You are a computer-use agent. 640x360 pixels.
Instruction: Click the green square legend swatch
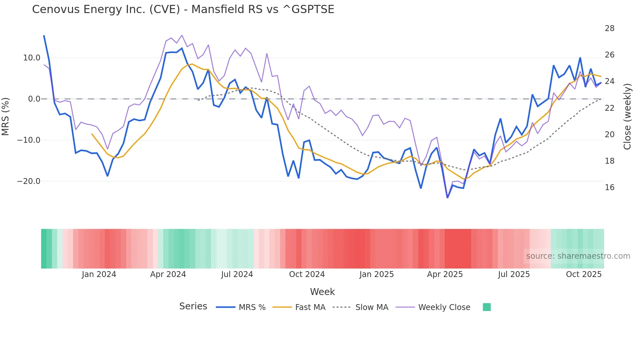pos(487,307)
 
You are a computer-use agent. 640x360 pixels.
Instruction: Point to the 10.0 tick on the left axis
pos(32,58)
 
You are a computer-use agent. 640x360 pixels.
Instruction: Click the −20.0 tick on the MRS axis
pos(29,181)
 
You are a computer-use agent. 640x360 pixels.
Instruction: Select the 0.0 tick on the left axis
pos(34,99)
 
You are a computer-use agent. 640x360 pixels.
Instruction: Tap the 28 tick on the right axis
pos(609,28)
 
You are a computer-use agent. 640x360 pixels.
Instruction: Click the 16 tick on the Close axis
pos(609,188)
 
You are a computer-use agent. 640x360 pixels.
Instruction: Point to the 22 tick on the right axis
pos(609,108)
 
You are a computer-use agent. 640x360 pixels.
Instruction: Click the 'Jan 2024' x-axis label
pos(99,274)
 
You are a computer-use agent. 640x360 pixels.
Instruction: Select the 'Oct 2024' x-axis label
pos(307,274)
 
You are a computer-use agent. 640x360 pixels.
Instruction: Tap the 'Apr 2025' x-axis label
pos(445,274)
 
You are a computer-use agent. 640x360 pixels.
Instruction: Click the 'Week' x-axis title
pos(322,292)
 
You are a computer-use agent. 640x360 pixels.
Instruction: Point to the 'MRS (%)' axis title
pos(6,116)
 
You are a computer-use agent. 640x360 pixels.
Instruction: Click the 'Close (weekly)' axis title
pos(627,117)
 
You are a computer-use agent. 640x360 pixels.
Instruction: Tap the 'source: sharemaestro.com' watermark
pos(578,256)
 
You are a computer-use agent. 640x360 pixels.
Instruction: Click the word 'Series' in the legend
pos(193,306)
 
